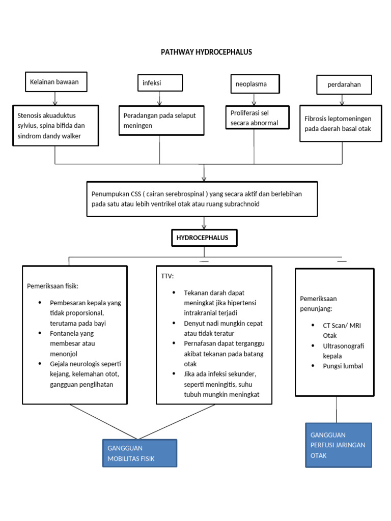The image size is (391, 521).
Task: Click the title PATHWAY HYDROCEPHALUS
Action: coord(206,52)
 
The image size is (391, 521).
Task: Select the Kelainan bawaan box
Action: coord(54,81)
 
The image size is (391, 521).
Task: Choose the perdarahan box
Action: coord(344,84)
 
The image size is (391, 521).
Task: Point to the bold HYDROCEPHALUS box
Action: coord(204,238)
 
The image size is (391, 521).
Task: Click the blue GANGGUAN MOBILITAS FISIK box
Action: coord(139,453)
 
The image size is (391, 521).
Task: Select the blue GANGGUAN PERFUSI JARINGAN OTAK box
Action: coord(338,445)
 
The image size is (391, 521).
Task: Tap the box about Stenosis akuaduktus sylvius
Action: coord(54,126)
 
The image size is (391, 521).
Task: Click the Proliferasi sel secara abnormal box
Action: coord(257,118)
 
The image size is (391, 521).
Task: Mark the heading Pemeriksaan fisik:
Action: coord(53,285)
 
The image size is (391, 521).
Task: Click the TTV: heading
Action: coord(167,276)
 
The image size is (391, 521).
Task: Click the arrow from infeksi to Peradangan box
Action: coord(160,99)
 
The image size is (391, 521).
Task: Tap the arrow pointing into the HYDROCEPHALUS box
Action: coord(204,223)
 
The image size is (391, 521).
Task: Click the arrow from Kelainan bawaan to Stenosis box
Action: coord(54,98)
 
